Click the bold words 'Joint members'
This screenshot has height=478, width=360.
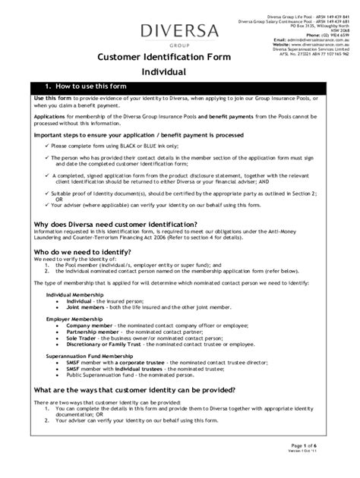coord(85,307)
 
